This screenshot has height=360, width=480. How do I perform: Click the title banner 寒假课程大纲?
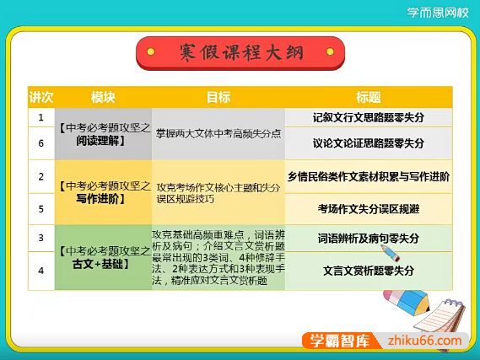point(240,53)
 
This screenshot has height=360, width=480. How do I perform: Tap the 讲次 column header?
point(41,97)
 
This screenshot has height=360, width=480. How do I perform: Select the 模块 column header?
point(103,97)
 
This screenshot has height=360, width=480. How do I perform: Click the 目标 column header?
point(218,97)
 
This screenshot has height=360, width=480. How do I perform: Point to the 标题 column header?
point(368,97)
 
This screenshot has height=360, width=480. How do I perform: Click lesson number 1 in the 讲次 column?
point(41,118)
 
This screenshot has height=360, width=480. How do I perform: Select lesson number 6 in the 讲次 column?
point(41,143)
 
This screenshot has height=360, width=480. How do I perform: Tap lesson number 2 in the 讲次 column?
point(41,177)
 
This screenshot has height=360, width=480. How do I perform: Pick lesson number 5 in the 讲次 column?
point(41,208)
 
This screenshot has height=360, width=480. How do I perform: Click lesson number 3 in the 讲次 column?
point(41,239)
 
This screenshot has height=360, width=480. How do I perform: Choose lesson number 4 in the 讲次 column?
point(41,271)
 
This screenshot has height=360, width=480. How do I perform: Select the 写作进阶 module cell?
point(103,191)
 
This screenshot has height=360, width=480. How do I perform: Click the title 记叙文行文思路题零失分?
point(368,118)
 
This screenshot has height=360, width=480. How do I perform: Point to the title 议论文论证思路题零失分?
point(368,143)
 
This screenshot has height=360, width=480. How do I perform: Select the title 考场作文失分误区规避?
point(368,208)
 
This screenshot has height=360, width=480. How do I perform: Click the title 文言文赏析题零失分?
point(368,271)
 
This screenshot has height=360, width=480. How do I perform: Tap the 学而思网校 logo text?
point(438,13)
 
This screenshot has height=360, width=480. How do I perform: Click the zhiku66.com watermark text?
point(421,340)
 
